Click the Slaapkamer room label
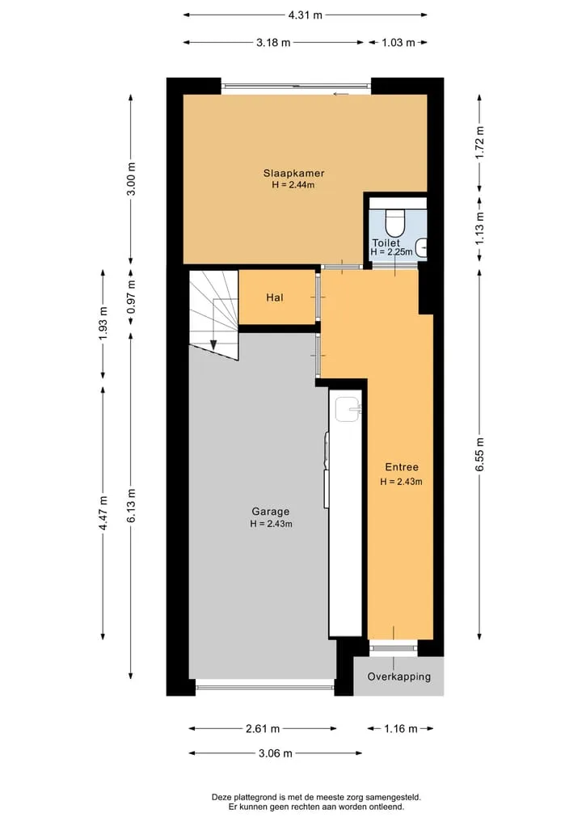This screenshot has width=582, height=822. (293, 173)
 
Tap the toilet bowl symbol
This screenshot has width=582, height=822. (394, 222)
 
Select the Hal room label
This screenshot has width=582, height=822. (275, 297)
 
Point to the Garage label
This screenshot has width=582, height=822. (271, 512)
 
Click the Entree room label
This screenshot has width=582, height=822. (402, 467)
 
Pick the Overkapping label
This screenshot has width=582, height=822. (399, 677)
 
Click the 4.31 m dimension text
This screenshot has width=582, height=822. (306, 15)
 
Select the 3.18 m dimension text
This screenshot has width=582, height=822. (273, 43)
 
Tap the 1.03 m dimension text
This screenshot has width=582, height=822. (399, 43)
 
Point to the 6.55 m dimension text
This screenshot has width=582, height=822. (480, 454)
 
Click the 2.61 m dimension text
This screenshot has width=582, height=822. (263, 729)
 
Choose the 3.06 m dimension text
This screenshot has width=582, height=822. (276, 753)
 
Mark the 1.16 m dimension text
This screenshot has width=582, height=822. (401, 729)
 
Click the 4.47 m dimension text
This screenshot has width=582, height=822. (103, 512)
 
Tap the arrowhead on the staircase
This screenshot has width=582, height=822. (213, 344)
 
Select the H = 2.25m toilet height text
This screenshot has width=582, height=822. (391, 252)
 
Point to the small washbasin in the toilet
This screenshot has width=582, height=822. (421, 247)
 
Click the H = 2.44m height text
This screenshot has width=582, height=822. (293, 184)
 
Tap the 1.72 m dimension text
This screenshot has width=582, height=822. (480, 142)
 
